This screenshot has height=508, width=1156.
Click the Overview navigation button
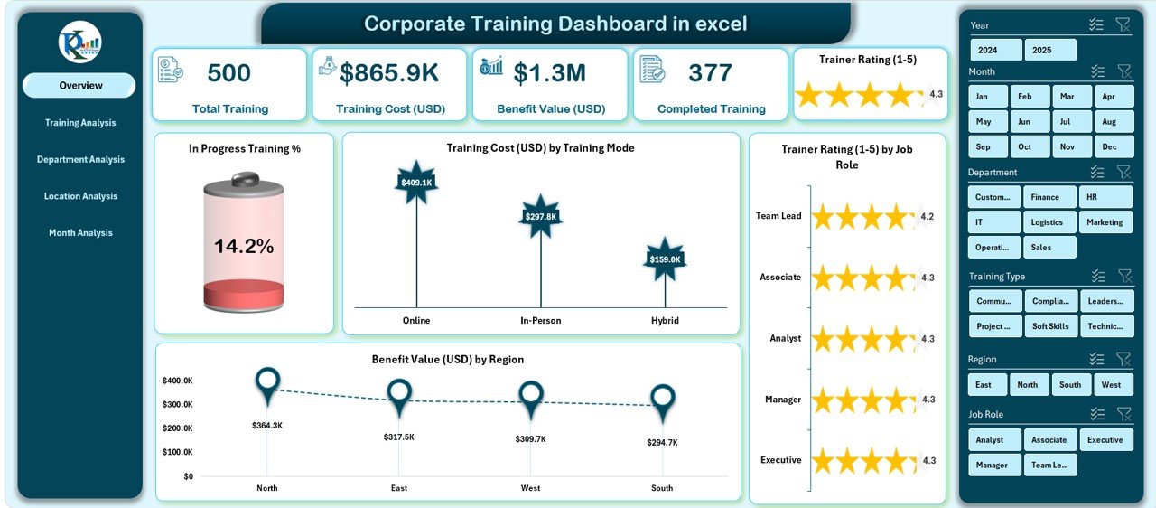coord(79,86)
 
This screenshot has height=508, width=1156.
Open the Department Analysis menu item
coord(80,160)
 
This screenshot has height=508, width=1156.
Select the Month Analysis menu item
coord(80,233)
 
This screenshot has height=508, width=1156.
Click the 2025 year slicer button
coord(1050,50)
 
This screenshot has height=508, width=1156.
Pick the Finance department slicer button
coord(1049,197)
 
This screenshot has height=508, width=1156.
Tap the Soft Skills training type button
coord(1050,326)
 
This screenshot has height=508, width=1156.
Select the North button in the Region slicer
coord(1029,385)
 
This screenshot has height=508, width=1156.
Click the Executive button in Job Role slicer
coord(1105,440)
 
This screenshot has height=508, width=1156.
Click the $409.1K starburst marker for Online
coord(415,182)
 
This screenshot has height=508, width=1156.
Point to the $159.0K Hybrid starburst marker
coord(666,259)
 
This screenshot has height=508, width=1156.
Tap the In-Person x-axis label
coord(540,321)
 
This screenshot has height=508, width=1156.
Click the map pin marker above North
coord(267,384)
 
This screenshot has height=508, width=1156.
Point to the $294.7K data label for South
coord(662,443)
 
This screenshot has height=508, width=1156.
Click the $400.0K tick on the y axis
coord(176,381)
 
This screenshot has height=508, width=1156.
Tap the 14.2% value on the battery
coord(244,246)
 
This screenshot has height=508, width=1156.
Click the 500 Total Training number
coord(229,73)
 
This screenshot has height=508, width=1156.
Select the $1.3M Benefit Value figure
coord(549,73)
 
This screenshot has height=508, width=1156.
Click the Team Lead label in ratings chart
coord(778,216)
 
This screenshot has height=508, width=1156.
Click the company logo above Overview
coord(79,42)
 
